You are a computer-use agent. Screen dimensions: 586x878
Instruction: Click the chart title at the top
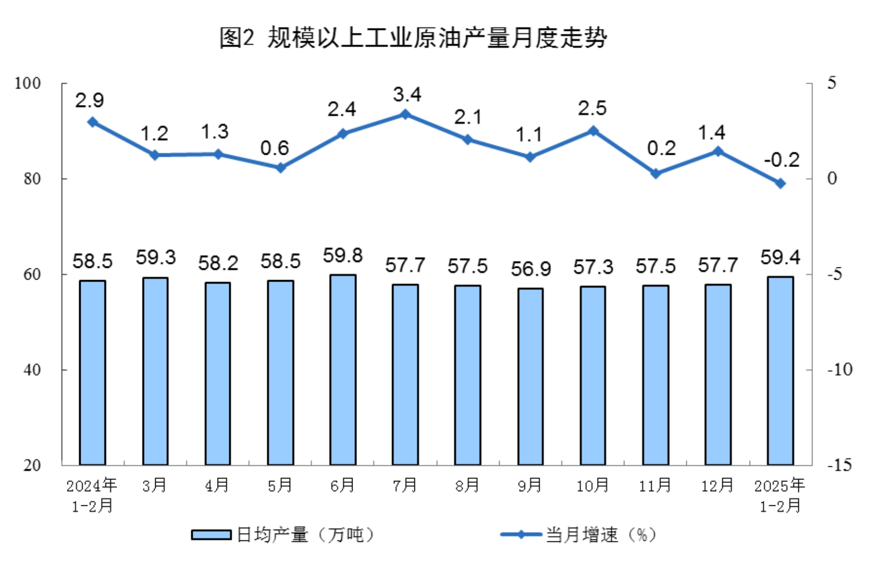[412, 38]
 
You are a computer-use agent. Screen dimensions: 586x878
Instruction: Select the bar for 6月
[343, 369]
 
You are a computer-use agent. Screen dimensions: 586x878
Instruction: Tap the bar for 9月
[531, 376]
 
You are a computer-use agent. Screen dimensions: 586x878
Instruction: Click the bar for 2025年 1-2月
[780, 370]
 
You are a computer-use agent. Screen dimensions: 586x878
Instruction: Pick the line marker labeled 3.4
[405, 114]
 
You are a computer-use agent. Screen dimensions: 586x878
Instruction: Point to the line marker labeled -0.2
[781, 183]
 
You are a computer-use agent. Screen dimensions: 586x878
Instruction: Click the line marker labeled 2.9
[92, 122]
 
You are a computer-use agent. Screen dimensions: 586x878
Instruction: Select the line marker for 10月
[593, 131]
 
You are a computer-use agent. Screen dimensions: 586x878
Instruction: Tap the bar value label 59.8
[343, 256]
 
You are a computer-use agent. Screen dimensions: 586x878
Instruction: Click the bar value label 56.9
[531, 269]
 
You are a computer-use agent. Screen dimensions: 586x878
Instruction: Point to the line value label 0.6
[274, 148]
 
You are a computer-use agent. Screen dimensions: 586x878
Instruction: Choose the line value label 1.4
[712, 133]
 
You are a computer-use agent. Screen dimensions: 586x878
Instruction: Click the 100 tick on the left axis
[28, 83]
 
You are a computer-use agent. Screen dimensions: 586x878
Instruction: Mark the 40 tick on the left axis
[32, 370]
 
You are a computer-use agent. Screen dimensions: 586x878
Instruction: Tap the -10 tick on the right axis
[840, 370]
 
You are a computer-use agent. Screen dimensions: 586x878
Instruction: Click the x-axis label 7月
[405, 486]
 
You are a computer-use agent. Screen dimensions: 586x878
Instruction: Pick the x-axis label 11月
[655, 486]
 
